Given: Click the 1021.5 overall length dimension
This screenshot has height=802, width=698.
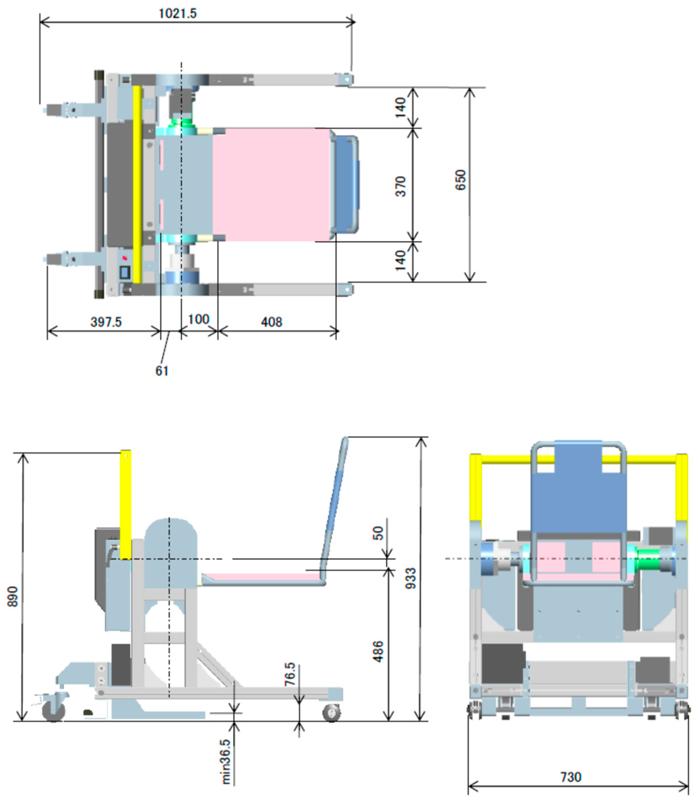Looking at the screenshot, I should [x=178, y=14].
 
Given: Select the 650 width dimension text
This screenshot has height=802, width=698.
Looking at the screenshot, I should [x=460, y=180].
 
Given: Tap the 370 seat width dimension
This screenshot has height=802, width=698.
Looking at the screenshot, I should [x=401, y=186].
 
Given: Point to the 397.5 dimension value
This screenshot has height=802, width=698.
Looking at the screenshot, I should [x=106, y=322].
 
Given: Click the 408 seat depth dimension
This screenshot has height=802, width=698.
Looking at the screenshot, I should [x=271, y=322].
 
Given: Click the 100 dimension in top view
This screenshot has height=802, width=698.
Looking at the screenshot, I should [x=199, y=320].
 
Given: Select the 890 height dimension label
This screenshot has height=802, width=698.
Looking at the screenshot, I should [x=13, y=596].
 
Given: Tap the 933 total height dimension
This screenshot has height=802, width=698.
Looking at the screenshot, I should [x=411, y=578].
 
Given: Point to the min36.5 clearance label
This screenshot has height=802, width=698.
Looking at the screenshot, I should [x=226, y=762].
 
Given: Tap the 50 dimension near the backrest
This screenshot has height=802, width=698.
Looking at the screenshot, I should [x=378, y=533].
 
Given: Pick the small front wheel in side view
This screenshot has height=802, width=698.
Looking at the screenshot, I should [x=331, y=713].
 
